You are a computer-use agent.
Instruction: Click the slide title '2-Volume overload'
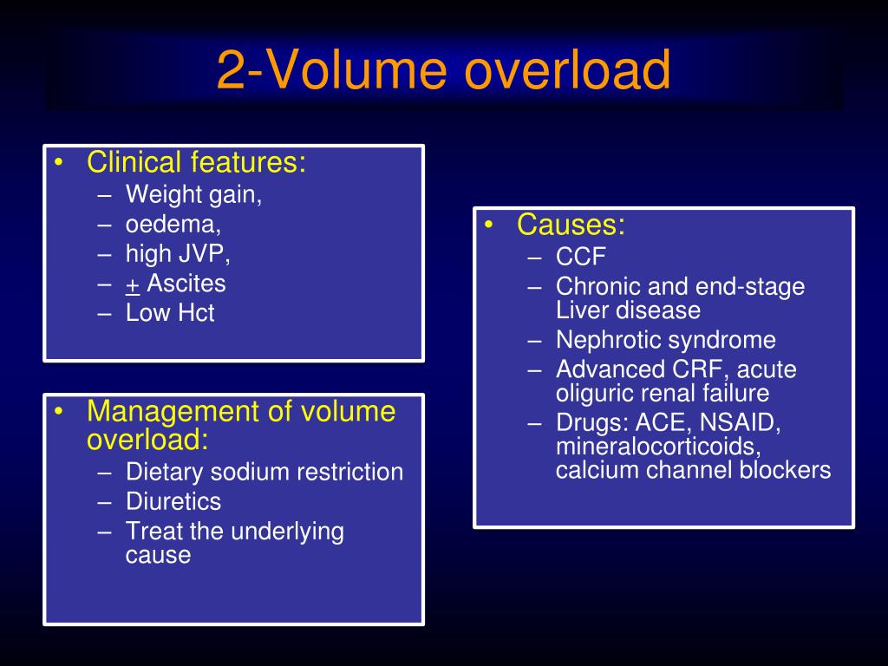pos(443,70)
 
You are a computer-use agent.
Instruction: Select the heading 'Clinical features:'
pos(196,162)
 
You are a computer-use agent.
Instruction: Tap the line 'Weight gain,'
pos(193,194)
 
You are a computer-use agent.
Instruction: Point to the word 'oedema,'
pos(173,224)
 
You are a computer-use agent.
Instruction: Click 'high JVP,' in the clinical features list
pos(178,253)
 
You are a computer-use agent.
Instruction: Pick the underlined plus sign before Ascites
pos(133,284)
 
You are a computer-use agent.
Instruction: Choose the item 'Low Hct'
pos(170,313)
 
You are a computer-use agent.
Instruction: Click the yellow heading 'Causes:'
pos(571,225)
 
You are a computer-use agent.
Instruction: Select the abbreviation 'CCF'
pos(580,258)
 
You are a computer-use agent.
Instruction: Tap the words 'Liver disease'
pos(628,310)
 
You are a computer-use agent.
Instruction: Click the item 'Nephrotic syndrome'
pos(665,340)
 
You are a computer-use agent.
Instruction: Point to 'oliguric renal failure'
pos(662,393)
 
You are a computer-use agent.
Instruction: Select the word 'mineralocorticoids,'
pos(658,447)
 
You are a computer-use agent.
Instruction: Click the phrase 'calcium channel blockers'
pos(693,470)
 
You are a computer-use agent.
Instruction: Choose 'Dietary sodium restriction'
pos(264,472)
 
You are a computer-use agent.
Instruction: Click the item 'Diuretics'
pos(173,501)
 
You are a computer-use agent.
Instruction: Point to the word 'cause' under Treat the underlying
pos(158,554)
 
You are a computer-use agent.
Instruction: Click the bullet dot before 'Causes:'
pos(490,226)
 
